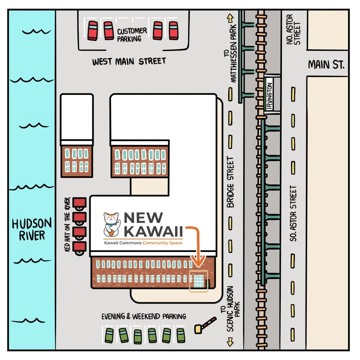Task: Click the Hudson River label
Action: (32, 229)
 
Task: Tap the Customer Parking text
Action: (132, 35)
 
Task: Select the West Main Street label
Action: (129, 62)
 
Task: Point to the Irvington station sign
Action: (270, 94)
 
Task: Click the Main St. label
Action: (326, 65)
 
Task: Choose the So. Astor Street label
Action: (294, 213)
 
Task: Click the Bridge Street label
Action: (230, 182)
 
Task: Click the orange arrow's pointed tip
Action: (199, 264)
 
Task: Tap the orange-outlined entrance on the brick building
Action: (199, 281)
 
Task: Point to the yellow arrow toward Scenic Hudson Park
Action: (230, 341)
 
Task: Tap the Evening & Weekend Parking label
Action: (143, 316)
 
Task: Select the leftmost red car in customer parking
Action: (93, 30)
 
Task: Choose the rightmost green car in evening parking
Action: (181, 335)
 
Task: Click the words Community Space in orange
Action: (162, 243)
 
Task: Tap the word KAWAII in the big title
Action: (154, 232)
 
